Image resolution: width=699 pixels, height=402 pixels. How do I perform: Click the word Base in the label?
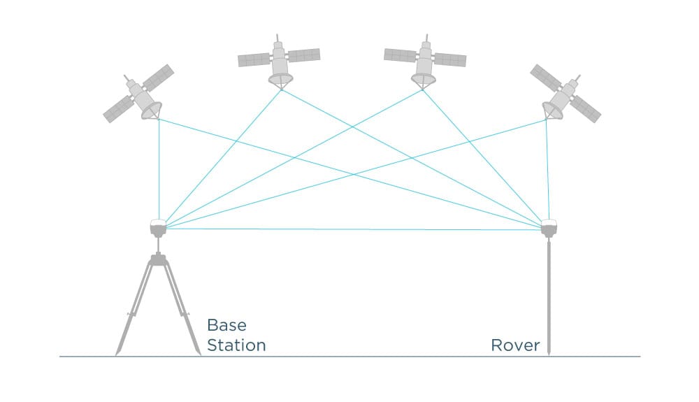[x=226, y=326]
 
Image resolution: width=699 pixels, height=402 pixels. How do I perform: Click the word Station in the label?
[x=236, y=345]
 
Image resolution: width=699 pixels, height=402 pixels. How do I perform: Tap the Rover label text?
[x=515, y=345]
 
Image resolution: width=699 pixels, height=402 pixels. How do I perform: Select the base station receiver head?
[x=158, y=227]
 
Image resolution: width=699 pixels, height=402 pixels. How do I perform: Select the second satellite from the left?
[x=280, y=62]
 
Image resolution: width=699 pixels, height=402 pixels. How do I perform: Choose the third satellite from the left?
[x=424, y=62]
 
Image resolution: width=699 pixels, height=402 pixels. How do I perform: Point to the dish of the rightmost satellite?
[x=552, y=110]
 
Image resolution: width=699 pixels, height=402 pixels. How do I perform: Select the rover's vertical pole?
[x=549, y=294]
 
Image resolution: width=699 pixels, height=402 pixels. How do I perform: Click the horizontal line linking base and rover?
[x=349, y=229]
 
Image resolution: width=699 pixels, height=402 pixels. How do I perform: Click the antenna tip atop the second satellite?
[x=278, y=35]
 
